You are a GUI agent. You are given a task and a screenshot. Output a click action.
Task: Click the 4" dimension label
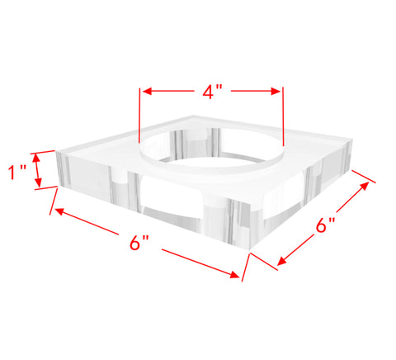[x=212, y=92]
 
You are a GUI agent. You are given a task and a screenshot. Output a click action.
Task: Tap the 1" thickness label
[x=16, y=173]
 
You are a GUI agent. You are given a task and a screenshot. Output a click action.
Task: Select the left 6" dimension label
[x=139, y=243]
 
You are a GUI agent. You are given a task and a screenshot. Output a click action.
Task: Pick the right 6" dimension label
[x=326, y=225]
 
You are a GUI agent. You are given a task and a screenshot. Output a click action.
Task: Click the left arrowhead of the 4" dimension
[x=147, y=92]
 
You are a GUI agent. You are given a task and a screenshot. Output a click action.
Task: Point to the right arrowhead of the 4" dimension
[x=276, y=92]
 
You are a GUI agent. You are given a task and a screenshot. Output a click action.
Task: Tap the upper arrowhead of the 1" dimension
[x=38, y=158]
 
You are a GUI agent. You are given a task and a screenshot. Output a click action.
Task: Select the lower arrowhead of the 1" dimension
[x=38, y=182]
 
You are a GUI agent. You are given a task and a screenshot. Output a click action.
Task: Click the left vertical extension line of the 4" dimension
[x=139, y=115]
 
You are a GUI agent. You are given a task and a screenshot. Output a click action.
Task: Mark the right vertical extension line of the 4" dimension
[x=283, y=116]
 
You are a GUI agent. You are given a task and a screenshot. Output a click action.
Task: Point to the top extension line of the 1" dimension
[x=43, y=152]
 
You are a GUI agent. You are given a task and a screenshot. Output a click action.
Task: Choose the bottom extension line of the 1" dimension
[x=46, y=188]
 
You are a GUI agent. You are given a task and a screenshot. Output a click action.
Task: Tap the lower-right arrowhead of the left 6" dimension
[x=234, y=274]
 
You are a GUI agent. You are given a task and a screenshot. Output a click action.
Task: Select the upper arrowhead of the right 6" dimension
[x=365, y=186]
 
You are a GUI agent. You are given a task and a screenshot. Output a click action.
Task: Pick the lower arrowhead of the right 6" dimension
[x=281, y=261]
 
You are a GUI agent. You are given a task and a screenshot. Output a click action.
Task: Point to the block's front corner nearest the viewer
[x=249, y=250]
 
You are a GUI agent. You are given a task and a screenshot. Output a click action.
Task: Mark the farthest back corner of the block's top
[x=194, y=116]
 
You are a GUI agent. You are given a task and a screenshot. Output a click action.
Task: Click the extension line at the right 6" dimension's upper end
[x=364, y=177]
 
